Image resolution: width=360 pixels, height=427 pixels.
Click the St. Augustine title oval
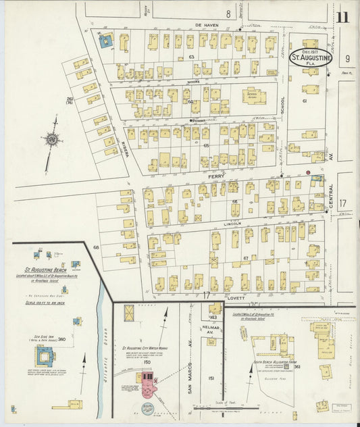pos(311,58)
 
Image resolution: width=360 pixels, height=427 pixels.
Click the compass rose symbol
pos(51,140)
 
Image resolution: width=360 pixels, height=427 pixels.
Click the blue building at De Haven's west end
pos(106,42)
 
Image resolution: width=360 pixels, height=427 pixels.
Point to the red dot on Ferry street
pos(308,173)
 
